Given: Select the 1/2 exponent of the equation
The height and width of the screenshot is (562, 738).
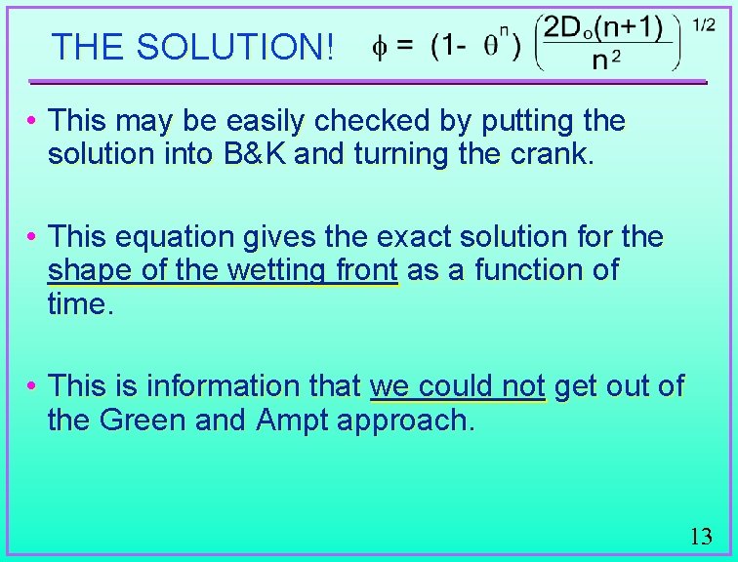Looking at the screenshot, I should click(x=703, y=25).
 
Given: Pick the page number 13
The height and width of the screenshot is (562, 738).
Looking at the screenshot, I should click(x=701, y=536).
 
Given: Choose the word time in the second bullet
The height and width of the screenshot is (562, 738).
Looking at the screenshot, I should click(x=77, y=303).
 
